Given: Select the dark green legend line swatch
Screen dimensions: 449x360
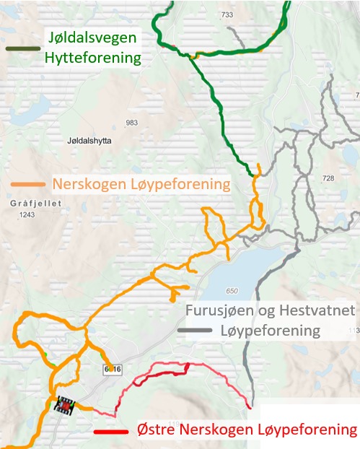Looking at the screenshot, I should (22, 48).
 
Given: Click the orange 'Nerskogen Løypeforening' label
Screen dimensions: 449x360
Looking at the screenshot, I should (141, 184).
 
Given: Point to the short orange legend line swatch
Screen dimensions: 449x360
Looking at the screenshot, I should (28, 185).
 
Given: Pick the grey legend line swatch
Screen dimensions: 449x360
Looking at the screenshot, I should (196, 331).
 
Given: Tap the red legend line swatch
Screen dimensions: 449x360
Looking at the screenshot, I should (112, 432).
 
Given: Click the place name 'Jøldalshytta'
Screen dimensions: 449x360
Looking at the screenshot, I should (89, 141).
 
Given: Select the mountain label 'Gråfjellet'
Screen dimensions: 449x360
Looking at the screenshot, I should (32, 204).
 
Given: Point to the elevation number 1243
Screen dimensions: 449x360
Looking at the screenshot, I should (27, 215).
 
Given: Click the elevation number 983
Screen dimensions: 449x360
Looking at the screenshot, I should (131, 123).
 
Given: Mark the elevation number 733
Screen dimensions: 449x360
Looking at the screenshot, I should (227, 14).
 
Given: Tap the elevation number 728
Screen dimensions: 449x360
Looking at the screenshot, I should (329, 178).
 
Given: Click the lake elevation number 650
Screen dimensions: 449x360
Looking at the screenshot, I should (231, 291).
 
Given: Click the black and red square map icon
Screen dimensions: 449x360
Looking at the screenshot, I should (66, 406).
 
